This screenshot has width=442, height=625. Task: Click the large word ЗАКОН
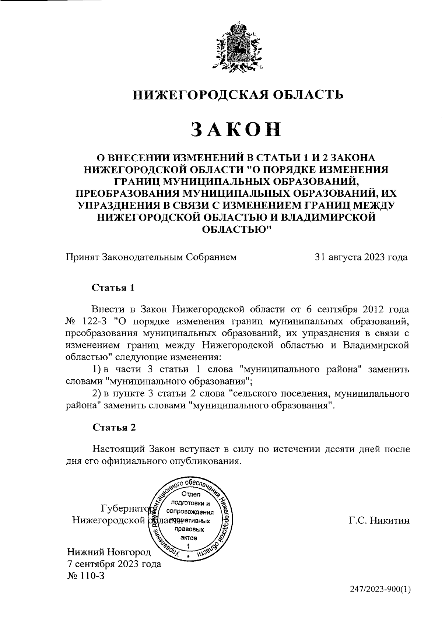pos(236,130)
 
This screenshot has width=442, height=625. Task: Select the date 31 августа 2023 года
pos(361,257)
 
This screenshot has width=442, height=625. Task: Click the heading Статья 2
pos(114,427)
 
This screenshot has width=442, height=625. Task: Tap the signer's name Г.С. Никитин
pos(379,520)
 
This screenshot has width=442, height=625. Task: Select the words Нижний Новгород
pos(109,552)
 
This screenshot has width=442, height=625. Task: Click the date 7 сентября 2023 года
pos(114,564)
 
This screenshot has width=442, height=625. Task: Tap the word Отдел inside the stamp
pos(190,494)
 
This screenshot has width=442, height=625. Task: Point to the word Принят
pos(82,257)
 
